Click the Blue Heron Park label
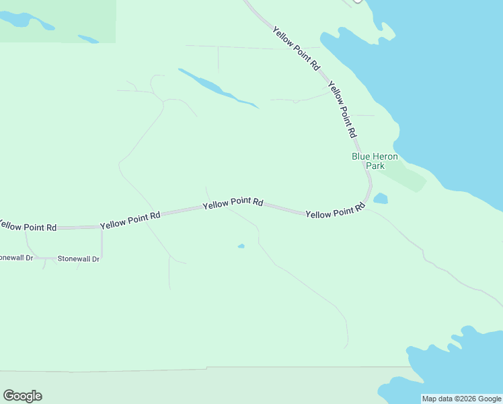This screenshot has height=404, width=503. pyautogui.click(x=375, y=160)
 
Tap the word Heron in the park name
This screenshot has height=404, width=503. pyautogui.click(x=385, y=156)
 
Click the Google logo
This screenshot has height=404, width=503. pyautogui.click(x=22, y=396)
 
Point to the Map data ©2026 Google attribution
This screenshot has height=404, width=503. pyautogui.click(x=461, y=399)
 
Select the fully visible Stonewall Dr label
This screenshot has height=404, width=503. pyautogui.click(x=78, y=259)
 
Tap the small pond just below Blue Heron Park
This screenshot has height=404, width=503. pyautogui.click(x=381, y=199)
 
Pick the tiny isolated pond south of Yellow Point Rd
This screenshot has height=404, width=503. pyautogui.click(x=241, y=246)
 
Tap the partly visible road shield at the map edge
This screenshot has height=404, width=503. pyautogui.click(x=357, y=1)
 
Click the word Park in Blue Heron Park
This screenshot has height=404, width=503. pyautogui.click(x=375, y=166)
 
